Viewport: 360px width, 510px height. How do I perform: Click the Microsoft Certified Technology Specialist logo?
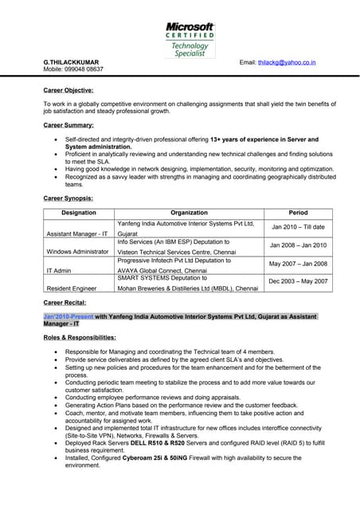click(190, 39)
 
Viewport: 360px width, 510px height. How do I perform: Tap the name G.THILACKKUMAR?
click(72, 61)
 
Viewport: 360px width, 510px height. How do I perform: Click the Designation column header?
click(79, 213)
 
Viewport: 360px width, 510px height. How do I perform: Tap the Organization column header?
click(189, 213)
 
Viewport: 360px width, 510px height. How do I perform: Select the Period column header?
click(298, 213)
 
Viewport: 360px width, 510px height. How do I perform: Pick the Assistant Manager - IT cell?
click(77, 234)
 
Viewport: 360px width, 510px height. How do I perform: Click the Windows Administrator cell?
click(78, 251)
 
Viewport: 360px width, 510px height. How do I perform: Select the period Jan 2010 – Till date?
click(298, 227)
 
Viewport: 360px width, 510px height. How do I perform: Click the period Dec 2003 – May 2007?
click(298, 281)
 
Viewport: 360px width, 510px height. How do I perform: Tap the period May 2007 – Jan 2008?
click(298, 263)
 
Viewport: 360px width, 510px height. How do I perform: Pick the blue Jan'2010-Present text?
click(68, 316)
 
